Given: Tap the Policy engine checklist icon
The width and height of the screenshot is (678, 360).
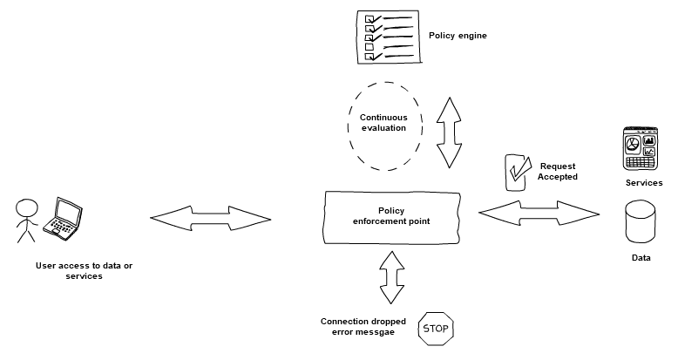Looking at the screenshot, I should (386, 36).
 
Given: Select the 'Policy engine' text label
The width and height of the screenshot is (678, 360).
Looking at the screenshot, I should (458, 36).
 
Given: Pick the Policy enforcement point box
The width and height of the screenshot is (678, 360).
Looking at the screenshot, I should (391, 215).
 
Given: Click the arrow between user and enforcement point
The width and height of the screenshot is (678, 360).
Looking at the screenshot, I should (210, 216).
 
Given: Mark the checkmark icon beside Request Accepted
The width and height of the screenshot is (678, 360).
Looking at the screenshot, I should (519, 172).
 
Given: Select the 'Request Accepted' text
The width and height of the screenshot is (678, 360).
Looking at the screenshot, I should (558, 171).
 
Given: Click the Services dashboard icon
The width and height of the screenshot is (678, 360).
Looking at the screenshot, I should (642, 148).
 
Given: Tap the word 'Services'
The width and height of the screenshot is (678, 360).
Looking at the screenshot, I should (644, 183).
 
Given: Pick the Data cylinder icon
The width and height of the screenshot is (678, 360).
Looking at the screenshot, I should (641, 223).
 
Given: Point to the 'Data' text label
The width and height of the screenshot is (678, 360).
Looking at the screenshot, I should (641, 258).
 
